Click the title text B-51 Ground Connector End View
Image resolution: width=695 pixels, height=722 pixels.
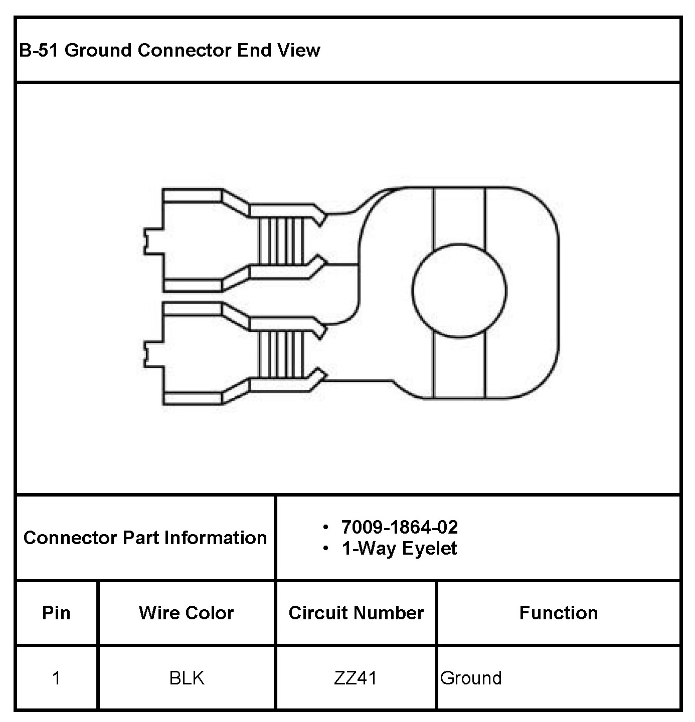[x=169, y=50]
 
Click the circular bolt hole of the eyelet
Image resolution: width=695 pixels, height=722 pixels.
[x=459, y=291]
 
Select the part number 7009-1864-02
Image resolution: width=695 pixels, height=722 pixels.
[x=399, y=527]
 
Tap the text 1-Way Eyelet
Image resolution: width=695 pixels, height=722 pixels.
[x=399, y=549]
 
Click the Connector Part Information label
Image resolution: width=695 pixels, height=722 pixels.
[x=145, y=538]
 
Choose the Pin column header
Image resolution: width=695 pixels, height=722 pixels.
[x=56, y=613]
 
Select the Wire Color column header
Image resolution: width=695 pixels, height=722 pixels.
[x=187, y=613]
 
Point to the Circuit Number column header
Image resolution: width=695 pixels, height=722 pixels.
[x=356, y=613]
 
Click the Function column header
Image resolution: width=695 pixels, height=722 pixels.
[x=559, y=613]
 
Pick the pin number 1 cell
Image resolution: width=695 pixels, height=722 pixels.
[x=56, y=678]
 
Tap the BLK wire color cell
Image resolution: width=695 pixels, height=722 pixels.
[x=187, y=678]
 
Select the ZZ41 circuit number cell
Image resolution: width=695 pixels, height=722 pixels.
[x=356, y=678]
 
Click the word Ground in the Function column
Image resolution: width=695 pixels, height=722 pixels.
[x=471, y=678]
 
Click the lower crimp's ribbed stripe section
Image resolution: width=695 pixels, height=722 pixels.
[x=282, y=354]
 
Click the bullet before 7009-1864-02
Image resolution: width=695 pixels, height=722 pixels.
[x=326, y=528]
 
